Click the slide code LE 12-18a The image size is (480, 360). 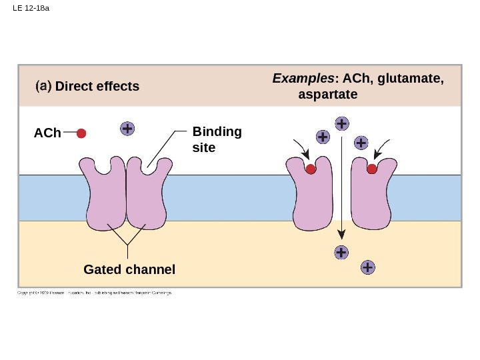click(32, 9)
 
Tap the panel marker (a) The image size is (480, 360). click(43, 86)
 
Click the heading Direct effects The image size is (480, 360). click(97, 87)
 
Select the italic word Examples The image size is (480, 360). click(303, 79)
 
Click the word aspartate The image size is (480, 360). click(328, 95)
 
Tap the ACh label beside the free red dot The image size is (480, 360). click(47, 134)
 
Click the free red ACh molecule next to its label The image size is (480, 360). click(81, 133)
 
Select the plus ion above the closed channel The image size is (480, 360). click(127, 129)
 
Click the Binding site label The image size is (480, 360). click(217, 139)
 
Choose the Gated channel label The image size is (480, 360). click(129, 270)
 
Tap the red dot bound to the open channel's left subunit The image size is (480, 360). click(311, 169)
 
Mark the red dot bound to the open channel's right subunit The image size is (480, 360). click(372, 169)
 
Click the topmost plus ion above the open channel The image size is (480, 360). click(341, 124)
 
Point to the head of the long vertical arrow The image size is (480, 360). click(341, 235)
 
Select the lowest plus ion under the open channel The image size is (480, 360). click(367, 268)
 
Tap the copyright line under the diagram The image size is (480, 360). click(94, 293)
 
